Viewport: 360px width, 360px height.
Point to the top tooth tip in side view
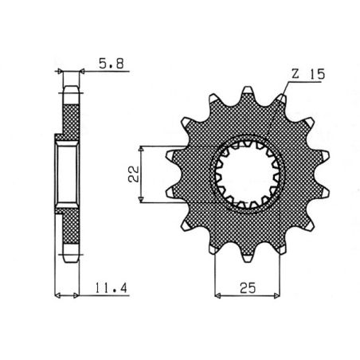[x=70, y=85]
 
